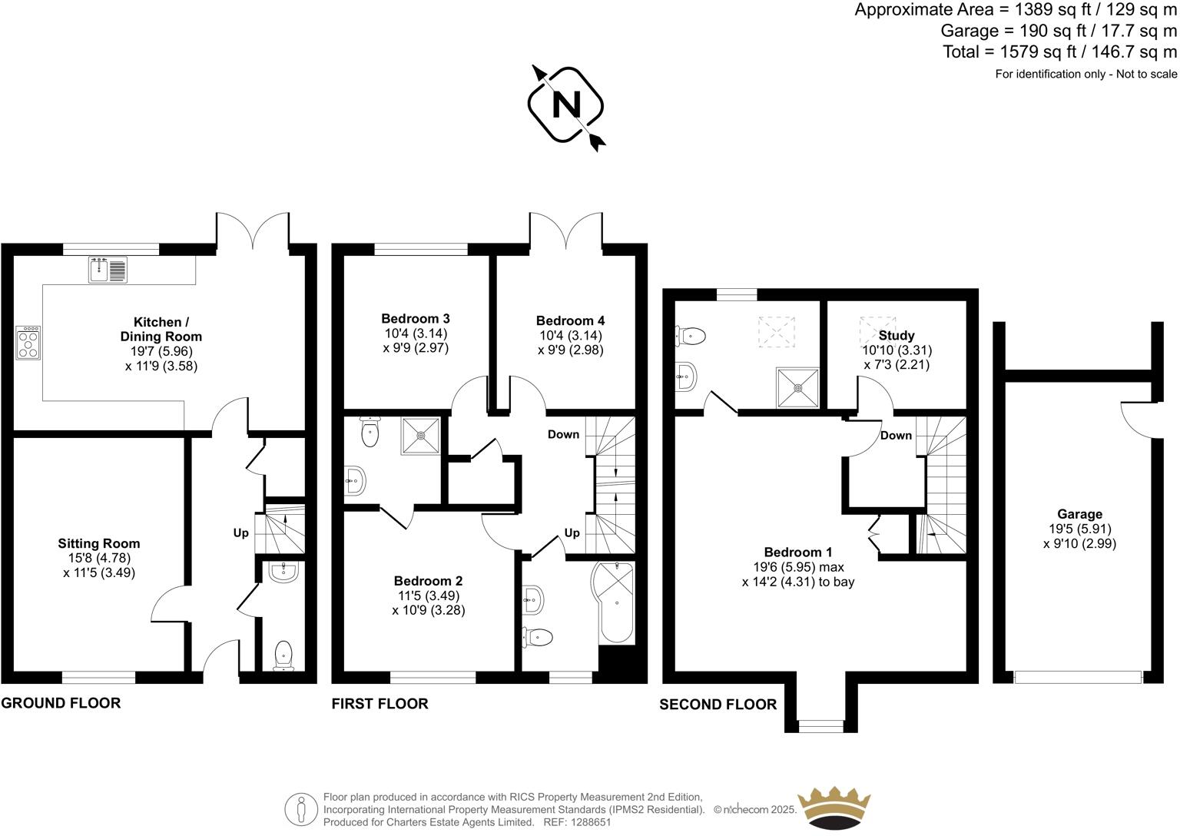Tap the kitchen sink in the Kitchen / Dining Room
108,270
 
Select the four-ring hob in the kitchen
29,343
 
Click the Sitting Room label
99,543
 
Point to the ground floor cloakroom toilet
283,655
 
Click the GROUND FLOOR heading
61,703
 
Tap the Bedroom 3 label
415,318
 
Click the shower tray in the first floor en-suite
421,436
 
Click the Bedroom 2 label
428,581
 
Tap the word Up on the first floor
572,533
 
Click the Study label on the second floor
897,336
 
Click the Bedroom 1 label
798,552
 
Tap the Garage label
1079,514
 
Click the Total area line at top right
1059,52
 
